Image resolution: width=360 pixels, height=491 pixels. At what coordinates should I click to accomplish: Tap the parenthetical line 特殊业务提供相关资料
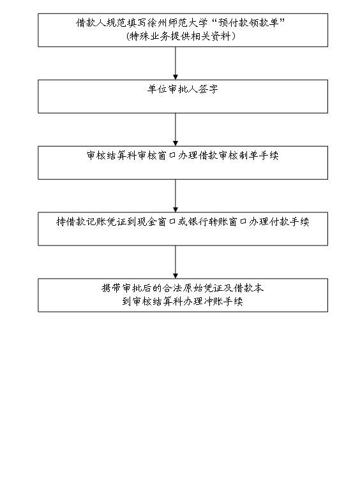tap(181, 36)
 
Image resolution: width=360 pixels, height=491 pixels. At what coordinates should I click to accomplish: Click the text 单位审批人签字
tap(183, 89)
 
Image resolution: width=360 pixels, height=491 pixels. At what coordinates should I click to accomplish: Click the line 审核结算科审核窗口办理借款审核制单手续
tap(183, 156)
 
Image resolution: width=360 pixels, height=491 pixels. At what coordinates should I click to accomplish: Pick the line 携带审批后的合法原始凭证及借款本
tap(183, 288)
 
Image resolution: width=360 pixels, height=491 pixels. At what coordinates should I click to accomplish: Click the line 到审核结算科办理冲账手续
tap(183, 301)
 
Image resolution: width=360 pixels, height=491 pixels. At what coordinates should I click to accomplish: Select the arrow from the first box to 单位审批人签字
tap(176, 63)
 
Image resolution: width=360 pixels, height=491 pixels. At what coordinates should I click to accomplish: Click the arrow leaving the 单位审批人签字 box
tap(176, 129)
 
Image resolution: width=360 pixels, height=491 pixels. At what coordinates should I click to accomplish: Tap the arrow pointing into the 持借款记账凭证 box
tap(176, 196)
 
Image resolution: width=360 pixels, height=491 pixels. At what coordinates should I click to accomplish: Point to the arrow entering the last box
tap(176, 262)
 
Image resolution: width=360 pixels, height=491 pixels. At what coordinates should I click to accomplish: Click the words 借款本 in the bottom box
tap(249, 288)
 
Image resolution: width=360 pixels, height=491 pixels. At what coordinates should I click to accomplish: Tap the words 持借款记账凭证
tap(91, 222)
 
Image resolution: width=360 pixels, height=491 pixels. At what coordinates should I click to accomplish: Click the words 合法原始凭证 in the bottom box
tap(193, 288)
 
